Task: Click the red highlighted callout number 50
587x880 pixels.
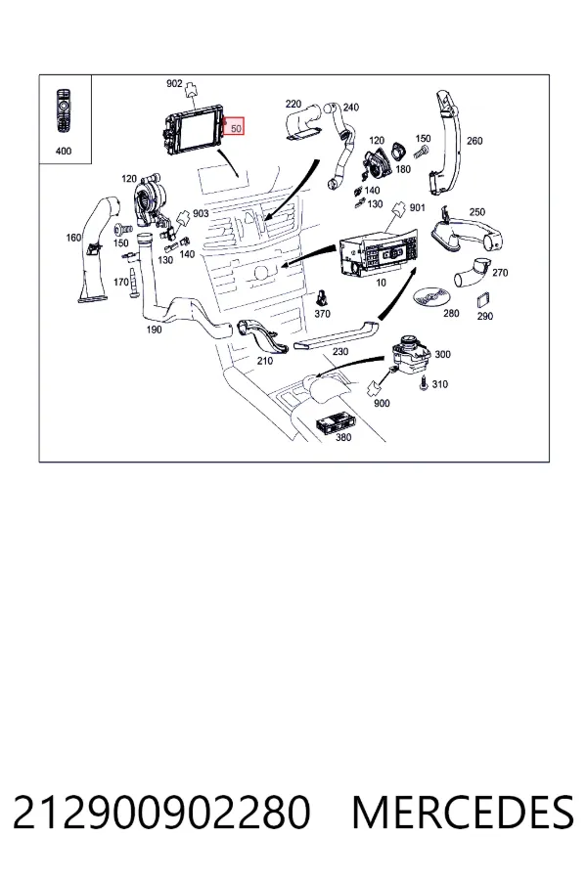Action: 236,128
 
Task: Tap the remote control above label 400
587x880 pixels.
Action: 64,111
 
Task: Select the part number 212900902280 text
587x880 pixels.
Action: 161,813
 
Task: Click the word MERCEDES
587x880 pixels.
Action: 463,813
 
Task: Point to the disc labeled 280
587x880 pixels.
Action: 430,295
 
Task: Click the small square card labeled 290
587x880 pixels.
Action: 483,300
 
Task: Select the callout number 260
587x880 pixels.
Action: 474,141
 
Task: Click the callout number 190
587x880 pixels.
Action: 154,330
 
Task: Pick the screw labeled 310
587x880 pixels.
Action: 424,384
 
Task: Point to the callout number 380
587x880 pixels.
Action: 342,437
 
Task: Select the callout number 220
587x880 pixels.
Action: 293,104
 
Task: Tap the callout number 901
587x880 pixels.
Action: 418,207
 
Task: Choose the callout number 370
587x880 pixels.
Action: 322,314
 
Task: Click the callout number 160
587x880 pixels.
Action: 73,238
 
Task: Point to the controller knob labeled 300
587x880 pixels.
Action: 411,354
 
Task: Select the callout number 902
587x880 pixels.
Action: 174,84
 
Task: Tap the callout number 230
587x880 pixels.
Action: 340,351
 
